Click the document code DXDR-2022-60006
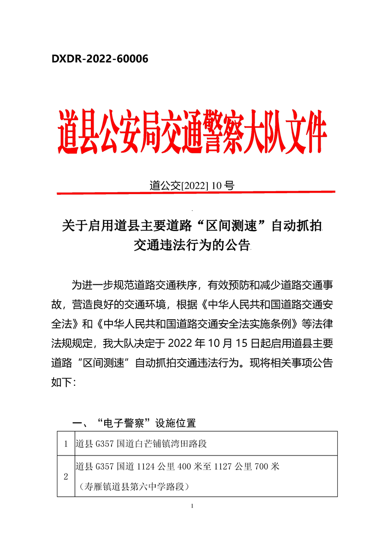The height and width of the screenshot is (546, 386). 100,59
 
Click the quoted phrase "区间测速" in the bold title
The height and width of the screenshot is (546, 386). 231,226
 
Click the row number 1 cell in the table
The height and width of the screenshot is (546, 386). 66,444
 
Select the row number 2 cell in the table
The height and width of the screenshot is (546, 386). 66,476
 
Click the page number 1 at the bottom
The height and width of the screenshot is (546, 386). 193,507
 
